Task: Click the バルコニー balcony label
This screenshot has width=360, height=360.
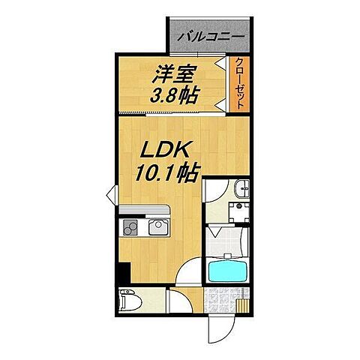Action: coord(210,34)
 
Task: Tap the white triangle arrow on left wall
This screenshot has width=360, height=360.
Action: coord(110,196)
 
